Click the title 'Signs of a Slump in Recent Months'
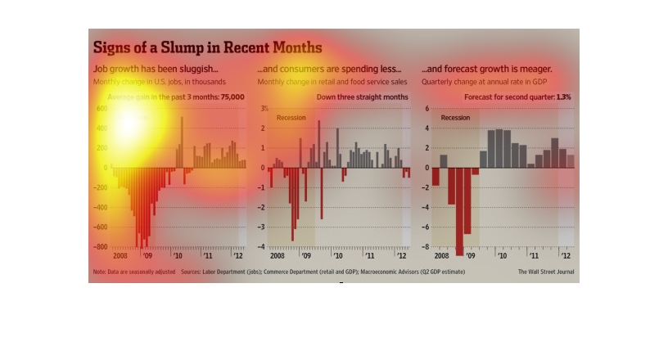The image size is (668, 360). pyautogui.click(x=207, y=47)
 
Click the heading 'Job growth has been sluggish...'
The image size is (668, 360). pyautogui.click(x=156, y=70)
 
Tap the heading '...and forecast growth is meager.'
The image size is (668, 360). pyautogui.click(x=486, y=70)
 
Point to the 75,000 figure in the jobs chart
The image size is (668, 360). pyautogui.click(x=227, y=97)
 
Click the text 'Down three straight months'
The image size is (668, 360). pyautogui.click(x=363, y=97)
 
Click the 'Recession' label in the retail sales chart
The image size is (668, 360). pyautogui.click(x=291, y=118)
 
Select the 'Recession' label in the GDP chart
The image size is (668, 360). pyautogui.click(x=455, y=118)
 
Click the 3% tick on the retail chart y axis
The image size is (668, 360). pyautogui.click(x=264, y=109)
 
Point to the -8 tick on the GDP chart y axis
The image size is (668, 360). pyautogui.click(x=426, y=247)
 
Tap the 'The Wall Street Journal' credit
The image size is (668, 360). pyautogui.click(x=546, y=272)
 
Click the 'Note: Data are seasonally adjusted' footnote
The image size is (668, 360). pyautogui.click(x=133, y=272)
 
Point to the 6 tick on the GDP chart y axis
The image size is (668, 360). pyautogui.click(x=427, y=109)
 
